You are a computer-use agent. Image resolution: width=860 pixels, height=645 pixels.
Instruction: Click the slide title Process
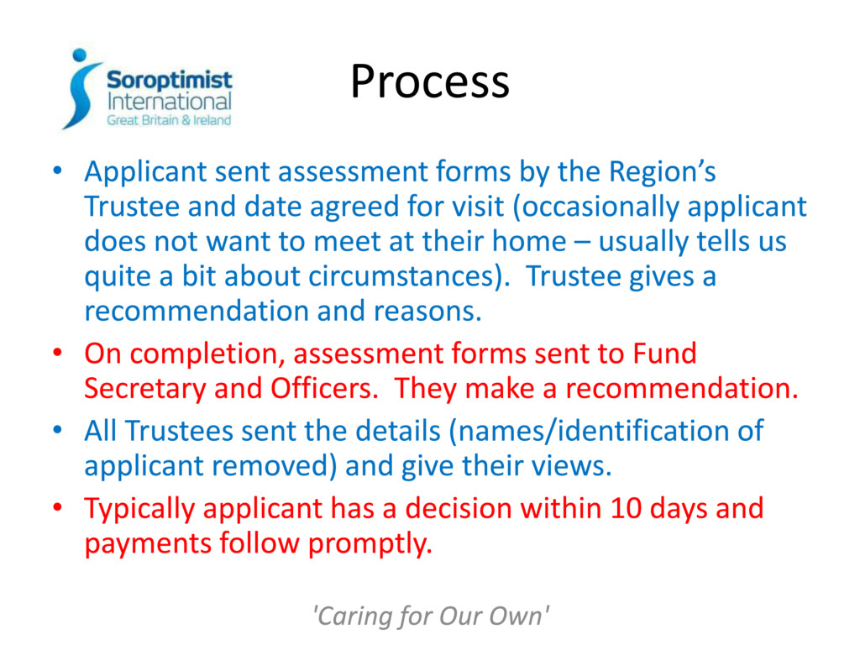click(430, 82)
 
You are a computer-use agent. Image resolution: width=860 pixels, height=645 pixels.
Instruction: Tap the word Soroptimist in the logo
click(169, 80)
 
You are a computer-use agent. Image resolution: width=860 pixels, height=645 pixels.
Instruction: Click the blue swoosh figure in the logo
click(81, 89)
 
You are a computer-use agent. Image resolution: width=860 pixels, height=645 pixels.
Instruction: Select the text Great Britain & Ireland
click(169, 120)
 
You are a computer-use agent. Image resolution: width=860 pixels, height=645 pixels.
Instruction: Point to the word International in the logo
click(169, 102)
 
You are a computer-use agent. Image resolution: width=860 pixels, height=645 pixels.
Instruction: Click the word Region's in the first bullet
click(662, 172)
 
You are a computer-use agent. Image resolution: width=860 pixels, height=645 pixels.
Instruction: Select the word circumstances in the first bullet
click(401, 276)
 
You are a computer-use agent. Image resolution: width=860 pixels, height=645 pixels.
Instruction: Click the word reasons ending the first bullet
click(427, 312)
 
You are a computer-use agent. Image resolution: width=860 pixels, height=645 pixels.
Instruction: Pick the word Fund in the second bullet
click(664, 354)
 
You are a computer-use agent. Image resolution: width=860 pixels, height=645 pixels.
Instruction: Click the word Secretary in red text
click(144, 389)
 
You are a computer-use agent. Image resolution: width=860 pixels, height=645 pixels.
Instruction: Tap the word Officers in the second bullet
click(324, 388)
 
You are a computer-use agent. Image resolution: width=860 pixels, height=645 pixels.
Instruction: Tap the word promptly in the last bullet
click(370, 544)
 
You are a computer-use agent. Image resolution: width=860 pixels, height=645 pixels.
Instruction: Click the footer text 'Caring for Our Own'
click(430, 616)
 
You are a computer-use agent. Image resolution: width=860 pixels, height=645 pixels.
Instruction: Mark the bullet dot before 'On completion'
click(58, 352)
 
